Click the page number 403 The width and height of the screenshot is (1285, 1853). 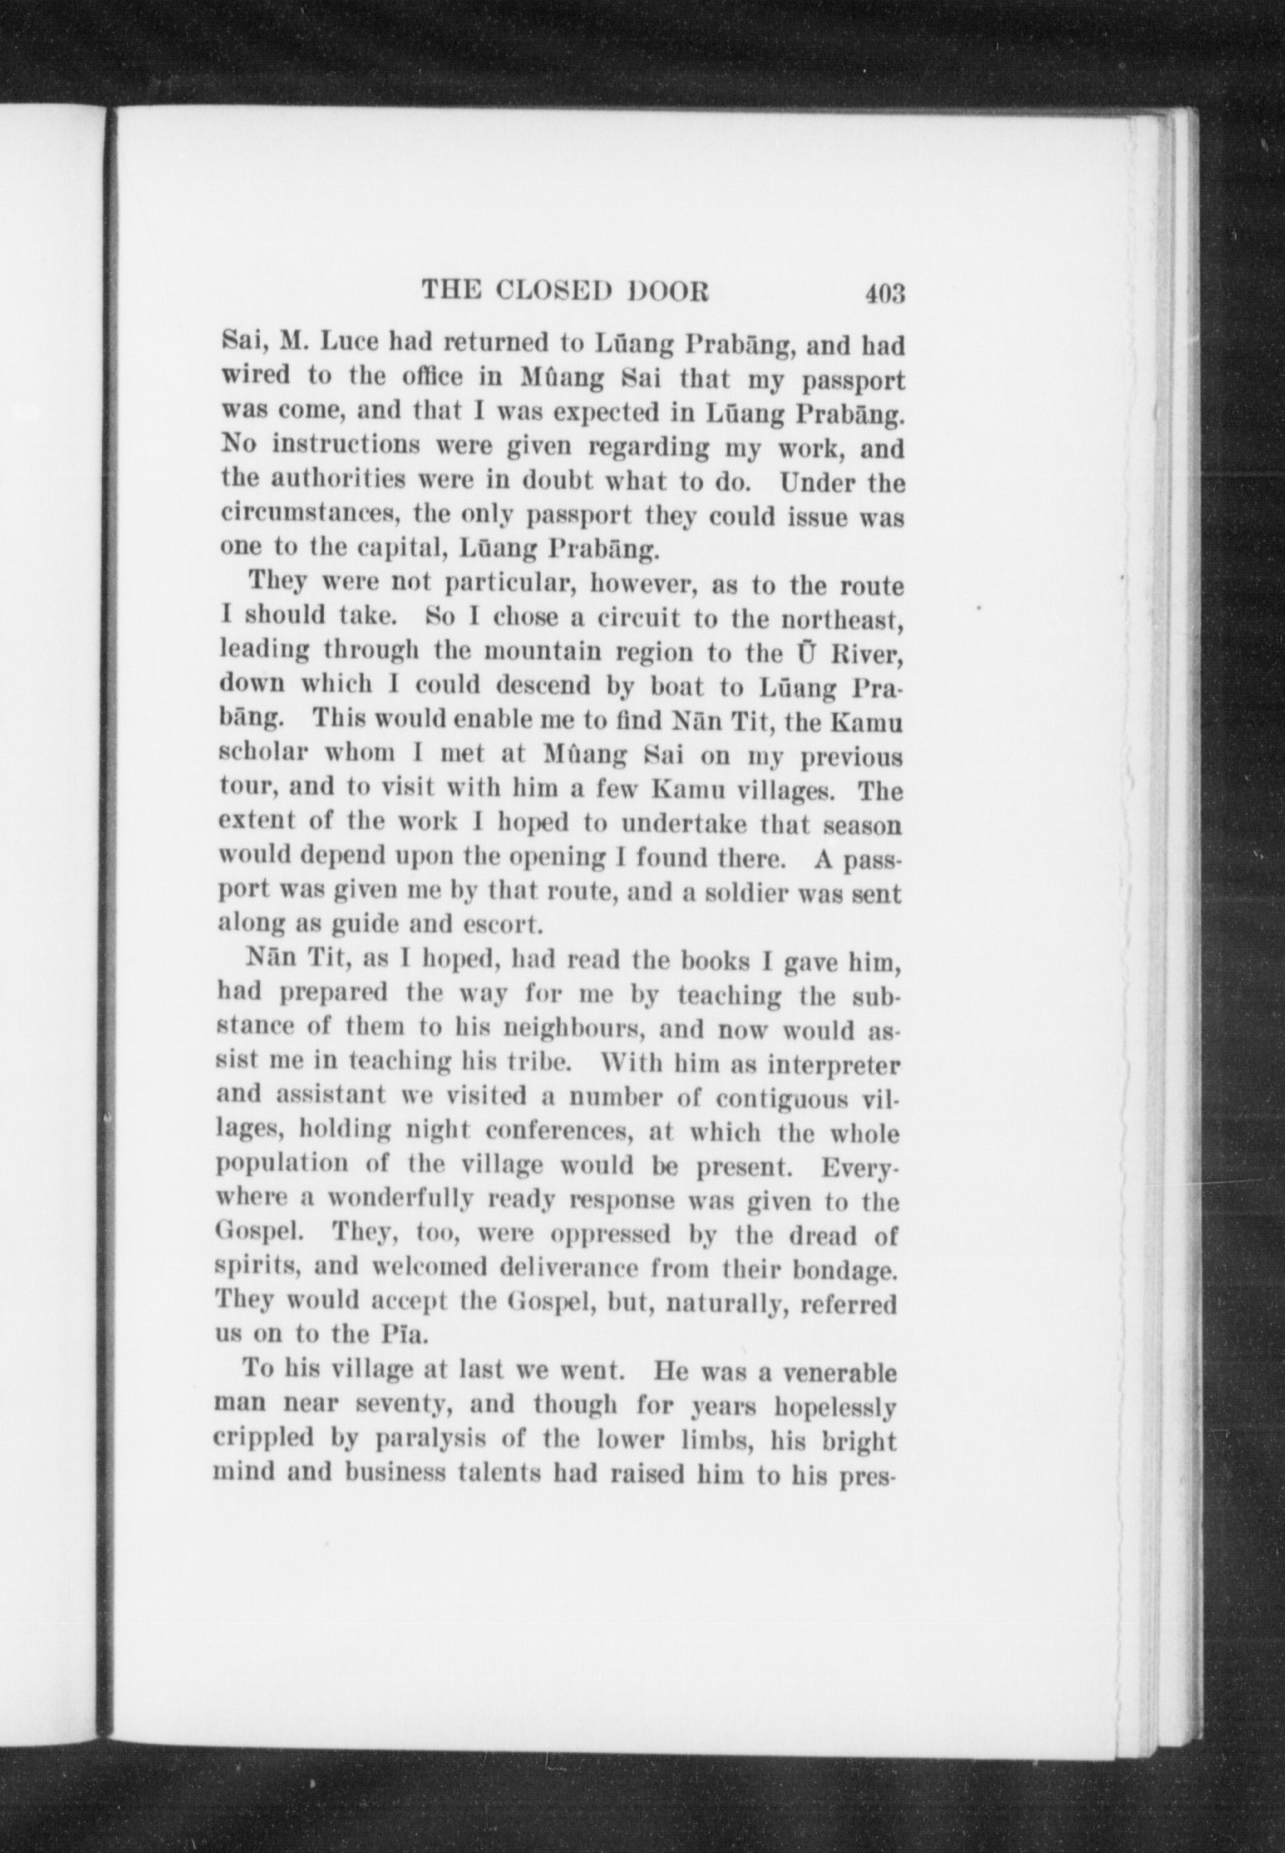[885, 293]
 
